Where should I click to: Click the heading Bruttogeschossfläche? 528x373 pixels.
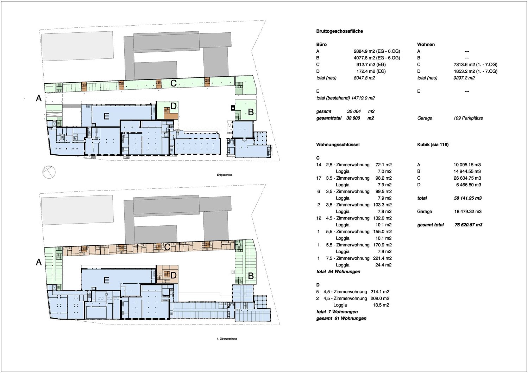(x=339, y=31)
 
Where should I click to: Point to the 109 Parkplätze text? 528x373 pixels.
(x=468, y=118)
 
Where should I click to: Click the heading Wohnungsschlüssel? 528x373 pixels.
(x=338, y=144)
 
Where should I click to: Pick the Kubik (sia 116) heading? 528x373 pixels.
(x=433, y=144)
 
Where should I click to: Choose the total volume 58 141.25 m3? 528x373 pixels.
(x=468, y=198)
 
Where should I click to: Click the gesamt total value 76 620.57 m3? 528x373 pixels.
(x=469, y=225)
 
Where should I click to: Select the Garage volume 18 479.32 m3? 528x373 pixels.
(x=468, y=212)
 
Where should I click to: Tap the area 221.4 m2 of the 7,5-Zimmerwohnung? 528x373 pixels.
(x=382, y=258)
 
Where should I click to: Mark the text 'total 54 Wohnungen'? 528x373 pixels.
(x=338, y=272)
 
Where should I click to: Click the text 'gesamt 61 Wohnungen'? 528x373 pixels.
(x=341, y=319)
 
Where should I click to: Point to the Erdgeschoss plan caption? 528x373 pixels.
(x=225, y=175)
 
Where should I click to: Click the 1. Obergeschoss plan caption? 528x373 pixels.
(x=227, y=339)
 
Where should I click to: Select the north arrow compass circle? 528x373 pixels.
(x=49, y=172)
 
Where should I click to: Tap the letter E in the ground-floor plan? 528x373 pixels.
(x=106, y=116)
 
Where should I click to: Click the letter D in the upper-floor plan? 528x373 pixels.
(x=174, y=275)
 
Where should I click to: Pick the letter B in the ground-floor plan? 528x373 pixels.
(x=251, y=112)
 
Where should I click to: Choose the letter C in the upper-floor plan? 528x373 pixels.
(x=167, y=247)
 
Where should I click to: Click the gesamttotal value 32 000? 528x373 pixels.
(x=353, y=118)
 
